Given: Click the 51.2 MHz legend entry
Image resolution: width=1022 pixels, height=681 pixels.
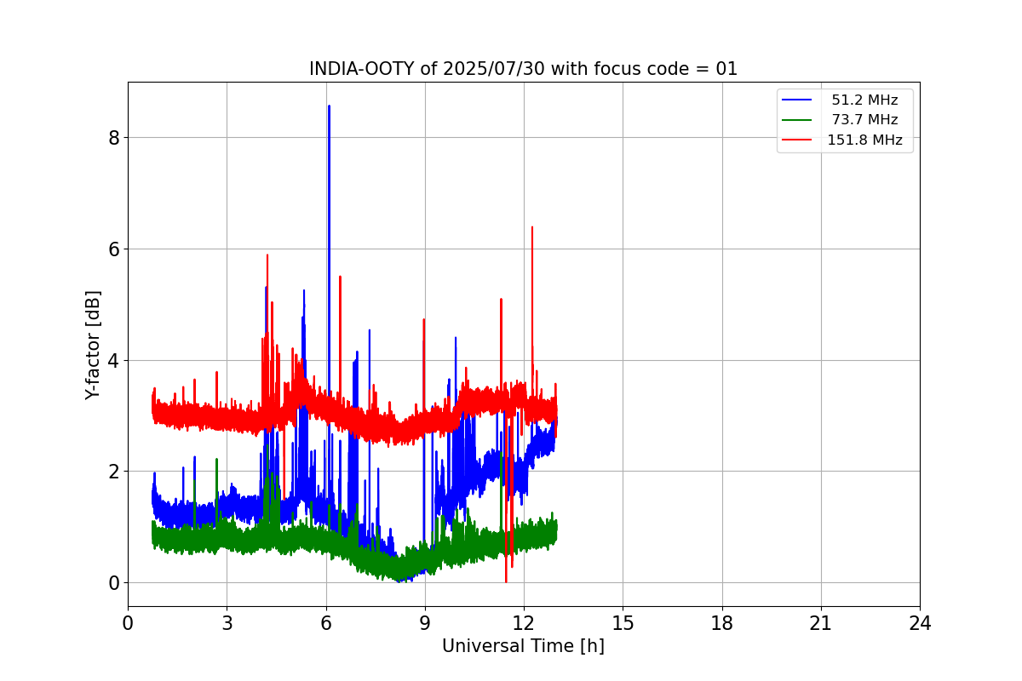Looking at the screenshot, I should (x=864, y=100).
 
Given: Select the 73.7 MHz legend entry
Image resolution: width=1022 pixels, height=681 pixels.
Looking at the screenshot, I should (x=864, y=120).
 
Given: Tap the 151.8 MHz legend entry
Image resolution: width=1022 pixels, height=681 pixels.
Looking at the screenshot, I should (x=864, y=140).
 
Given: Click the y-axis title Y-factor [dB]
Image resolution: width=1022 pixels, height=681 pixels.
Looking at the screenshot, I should (x=93, y=345).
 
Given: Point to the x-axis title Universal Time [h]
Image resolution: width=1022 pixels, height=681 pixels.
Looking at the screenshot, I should (x=523, y=646).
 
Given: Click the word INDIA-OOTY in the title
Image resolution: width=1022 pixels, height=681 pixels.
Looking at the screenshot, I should (x=362, y=69).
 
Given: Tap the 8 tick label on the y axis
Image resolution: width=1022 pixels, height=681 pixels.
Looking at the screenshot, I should (x=113, y=138).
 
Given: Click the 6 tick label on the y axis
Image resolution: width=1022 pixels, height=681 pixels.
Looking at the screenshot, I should (x=113, y=249).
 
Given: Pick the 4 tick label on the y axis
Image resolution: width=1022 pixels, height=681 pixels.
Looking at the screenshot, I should (x=113, y=360).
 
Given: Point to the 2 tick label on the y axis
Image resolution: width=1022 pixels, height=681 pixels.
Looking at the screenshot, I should (x=113, y=472).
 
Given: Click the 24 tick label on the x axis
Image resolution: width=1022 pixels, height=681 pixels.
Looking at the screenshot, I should (x=920, y=624).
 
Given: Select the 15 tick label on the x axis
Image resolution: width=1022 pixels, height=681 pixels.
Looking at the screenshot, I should (x=623, y=624).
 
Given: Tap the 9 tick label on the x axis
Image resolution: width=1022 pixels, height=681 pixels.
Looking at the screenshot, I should (x=425, y=624).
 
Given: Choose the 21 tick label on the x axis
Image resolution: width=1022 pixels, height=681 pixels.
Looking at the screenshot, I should (x=821, y=624).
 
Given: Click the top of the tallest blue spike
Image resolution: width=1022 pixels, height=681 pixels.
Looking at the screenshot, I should (x=329, y=106).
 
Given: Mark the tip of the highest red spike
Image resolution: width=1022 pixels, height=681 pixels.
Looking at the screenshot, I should (x=532, y=227).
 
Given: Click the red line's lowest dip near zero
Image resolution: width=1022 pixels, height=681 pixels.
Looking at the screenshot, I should (x=506, y=581).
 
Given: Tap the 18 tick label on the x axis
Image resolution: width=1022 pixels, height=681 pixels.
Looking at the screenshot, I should (x=722, y=624).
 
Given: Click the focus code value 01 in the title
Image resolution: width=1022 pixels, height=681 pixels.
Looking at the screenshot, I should (x=726, y=69).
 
